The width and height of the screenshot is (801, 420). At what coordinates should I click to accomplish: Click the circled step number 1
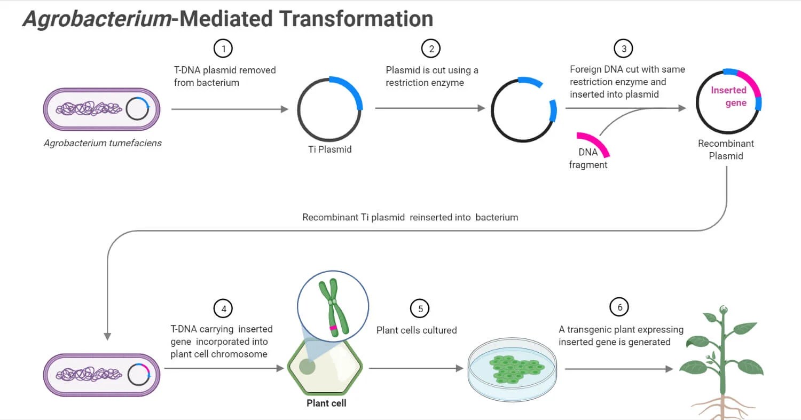223,49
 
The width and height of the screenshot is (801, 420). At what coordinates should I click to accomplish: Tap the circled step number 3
623,49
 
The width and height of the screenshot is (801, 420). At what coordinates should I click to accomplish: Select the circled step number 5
420,308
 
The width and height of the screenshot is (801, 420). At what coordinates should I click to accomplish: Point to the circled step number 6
619,307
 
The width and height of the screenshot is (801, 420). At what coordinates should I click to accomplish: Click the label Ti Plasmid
330,149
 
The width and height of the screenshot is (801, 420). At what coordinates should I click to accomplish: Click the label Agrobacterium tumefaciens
103,143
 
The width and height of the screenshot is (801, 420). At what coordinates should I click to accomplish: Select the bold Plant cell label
326,403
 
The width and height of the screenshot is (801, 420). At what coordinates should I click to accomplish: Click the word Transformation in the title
357,19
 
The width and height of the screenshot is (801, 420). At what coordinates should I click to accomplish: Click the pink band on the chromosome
333,327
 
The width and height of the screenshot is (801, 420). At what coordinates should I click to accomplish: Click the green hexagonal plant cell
326,368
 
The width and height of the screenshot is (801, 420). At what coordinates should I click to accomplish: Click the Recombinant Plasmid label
726,149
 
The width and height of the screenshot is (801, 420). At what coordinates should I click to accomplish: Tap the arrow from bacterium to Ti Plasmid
230,109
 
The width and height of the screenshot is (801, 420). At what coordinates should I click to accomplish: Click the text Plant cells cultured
417,330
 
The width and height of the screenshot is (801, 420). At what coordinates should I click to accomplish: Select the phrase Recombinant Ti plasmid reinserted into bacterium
410,217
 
